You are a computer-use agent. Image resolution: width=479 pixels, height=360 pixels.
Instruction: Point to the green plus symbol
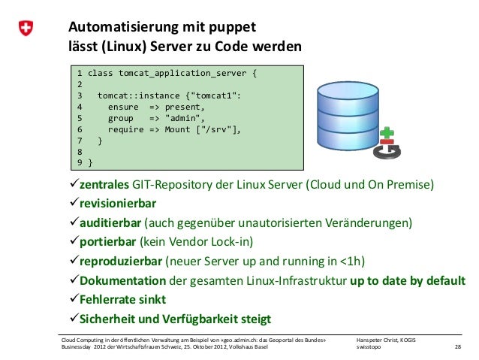coord(387,132)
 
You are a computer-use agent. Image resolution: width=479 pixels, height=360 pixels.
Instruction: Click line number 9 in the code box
coord(80,162)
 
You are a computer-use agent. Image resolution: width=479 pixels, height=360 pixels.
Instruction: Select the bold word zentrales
coord(99,185)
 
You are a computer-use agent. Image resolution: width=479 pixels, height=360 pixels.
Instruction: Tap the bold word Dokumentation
coord(117,280)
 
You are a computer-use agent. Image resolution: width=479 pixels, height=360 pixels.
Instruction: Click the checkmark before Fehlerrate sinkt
coord(64,300)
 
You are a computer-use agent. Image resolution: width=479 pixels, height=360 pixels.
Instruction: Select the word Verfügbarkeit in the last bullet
coord(222,319)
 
